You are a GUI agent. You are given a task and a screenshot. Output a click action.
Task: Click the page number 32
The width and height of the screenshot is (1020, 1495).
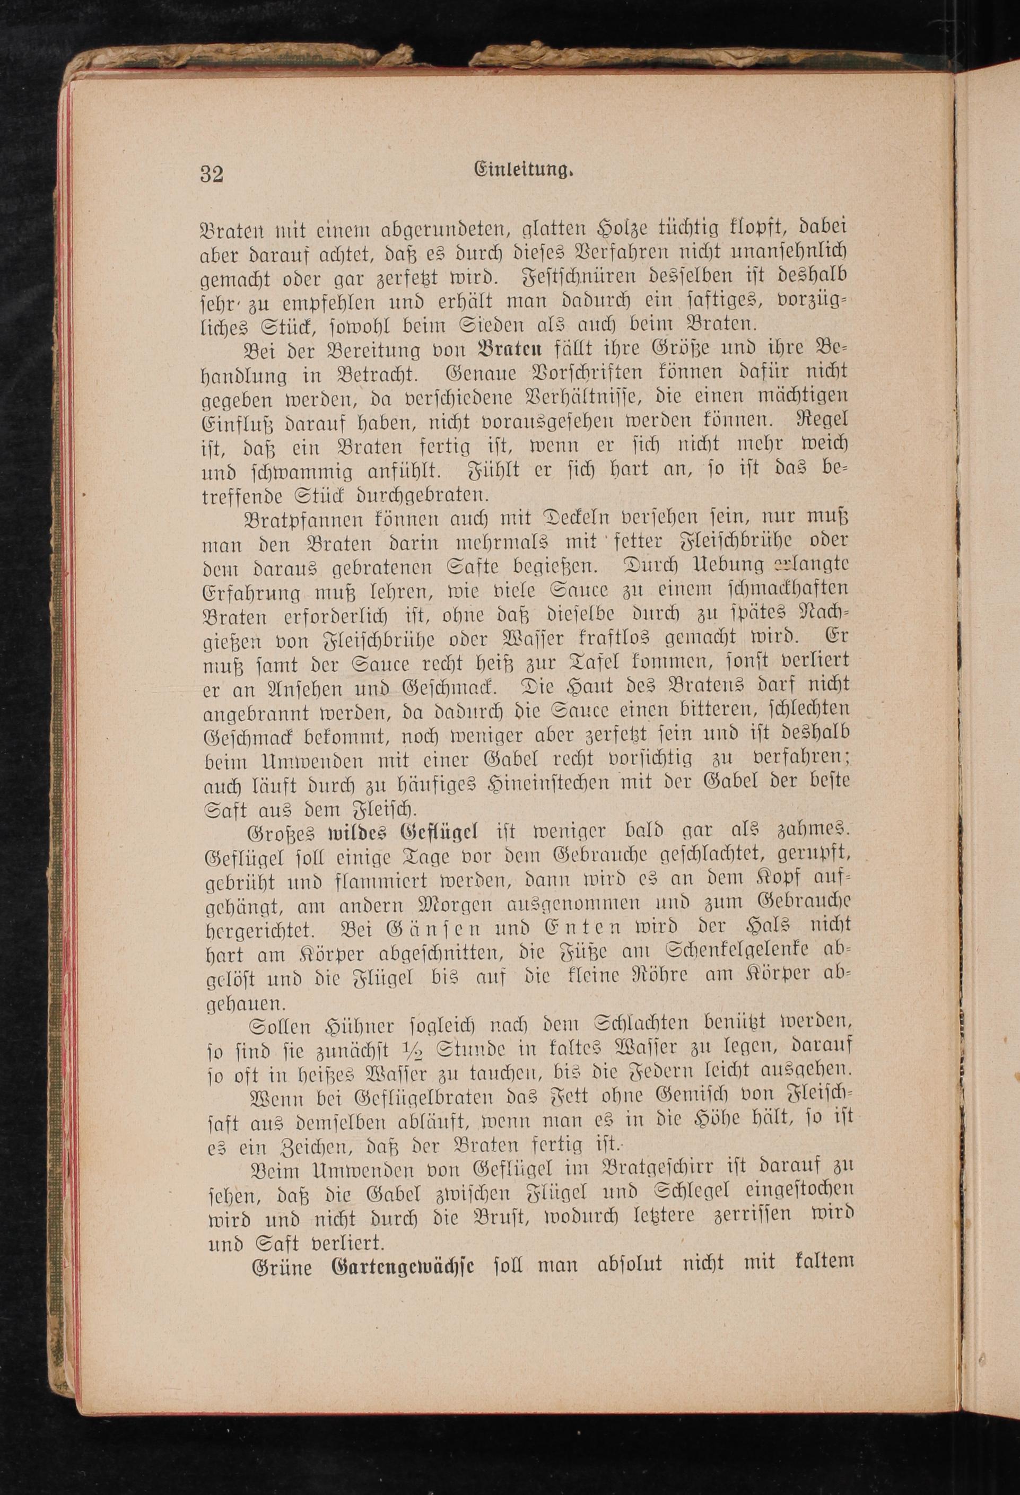click(x=212, y=174)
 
